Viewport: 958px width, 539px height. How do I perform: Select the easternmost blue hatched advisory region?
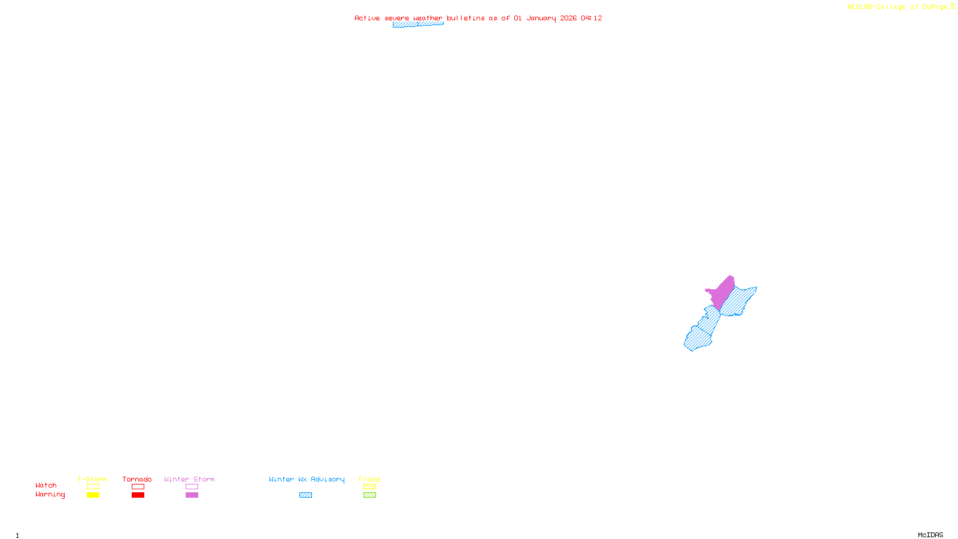(x=740, y=300)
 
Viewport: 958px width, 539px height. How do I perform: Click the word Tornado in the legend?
(x=137, y=479)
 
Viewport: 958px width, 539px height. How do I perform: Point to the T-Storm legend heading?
(x=92, y=479)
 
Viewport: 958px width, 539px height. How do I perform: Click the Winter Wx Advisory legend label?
(x=307, y=479)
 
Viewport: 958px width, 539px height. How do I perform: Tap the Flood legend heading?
(x=369, y=479)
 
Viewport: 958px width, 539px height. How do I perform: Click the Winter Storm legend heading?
(x=189, y=479)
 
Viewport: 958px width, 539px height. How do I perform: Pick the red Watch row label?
(x=46, y=485)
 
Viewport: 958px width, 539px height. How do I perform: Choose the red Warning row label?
(x=50, y=495)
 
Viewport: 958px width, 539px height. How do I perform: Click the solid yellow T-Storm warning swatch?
(x=93, y=495)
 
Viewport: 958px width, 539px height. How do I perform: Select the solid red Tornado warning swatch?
(x=138, y=495)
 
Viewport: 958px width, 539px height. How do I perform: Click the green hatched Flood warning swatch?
(x=370, y=495)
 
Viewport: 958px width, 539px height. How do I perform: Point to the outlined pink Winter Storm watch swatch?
(x=192, y=487)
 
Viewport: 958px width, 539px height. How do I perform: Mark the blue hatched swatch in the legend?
(x=305, y=495)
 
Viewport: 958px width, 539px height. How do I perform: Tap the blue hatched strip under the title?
(x=418, y=25)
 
